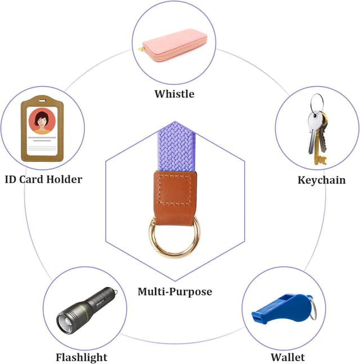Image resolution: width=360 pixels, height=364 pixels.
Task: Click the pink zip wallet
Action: pos(174,46)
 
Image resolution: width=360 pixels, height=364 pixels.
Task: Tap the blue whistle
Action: pos(284,308)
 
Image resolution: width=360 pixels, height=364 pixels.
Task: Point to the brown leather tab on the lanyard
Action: pos(175,198)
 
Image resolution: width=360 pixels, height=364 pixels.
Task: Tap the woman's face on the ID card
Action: pos(42,121)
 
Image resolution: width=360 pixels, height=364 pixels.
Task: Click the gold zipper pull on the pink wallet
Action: pos(141,48)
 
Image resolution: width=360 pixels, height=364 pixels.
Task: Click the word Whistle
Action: pos(174,94)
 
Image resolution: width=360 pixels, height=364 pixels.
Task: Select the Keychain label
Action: pos(322,180)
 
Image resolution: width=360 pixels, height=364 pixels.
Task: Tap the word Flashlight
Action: pos(82,357)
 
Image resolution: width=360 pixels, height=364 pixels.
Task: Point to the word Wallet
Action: pos(288,357)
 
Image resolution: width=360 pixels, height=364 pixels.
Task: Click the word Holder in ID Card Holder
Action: pos(64,179)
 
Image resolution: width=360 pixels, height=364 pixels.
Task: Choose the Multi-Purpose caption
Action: pos(175,292)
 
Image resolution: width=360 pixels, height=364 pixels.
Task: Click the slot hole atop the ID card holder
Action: pos(42,101)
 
